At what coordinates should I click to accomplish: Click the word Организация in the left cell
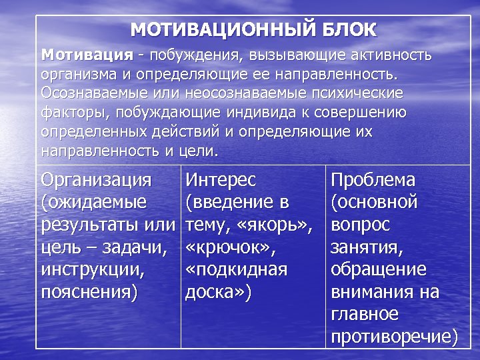pyautogui.click(x=96, y=180)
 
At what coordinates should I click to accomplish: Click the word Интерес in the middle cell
pyautogui.click(x=221, y=180)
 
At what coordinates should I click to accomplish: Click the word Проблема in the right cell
pyautogui.click(x=373, y=180)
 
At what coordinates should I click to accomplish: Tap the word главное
pyautogui.click(x=365, y=315)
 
